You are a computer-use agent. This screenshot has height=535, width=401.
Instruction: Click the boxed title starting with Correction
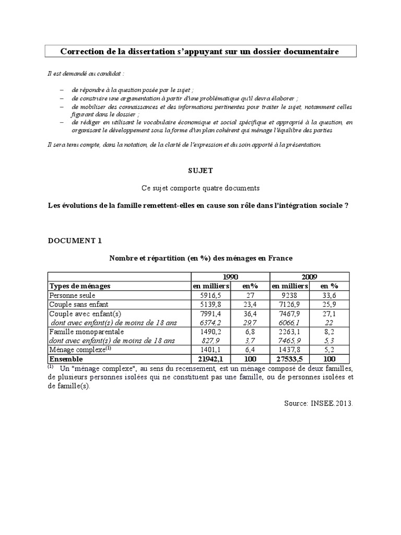point(200,51)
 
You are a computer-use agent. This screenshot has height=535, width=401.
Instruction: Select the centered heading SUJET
point(200,170)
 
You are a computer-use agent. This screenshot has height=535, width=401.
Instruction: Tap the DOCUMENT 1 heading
point(75,240)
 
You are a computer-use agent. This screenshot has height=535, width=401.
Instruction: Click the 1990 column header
point(230,277)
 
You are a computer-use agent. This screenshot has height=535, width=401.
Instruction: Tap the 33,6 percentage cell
point(329,295)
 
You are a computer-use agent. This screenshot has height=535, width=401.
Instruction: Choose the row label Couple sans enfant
point(79,304)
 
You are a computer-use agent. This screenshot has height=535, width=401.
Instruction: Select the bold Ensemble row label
point(66,359)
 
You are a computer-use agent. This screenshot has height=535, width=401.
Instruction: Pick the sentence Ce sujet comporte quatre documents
point(200,188)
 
